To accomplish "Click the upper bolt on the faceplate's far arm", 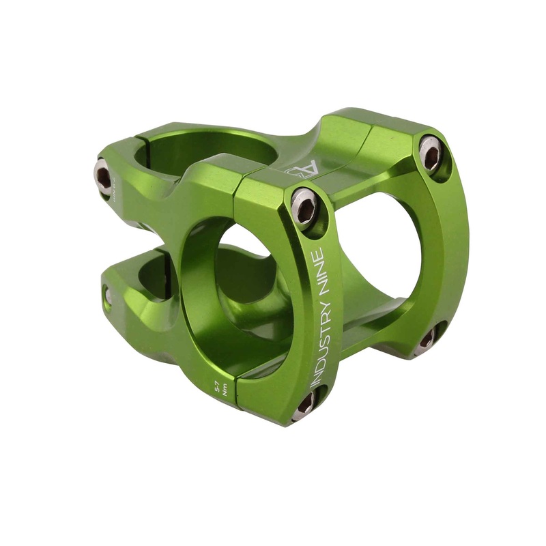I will (x=430, y=153).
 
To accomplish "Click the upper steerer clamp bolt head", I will (x=102, y=177).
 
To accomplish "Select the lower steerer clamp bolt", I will (x=107, y=295).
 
